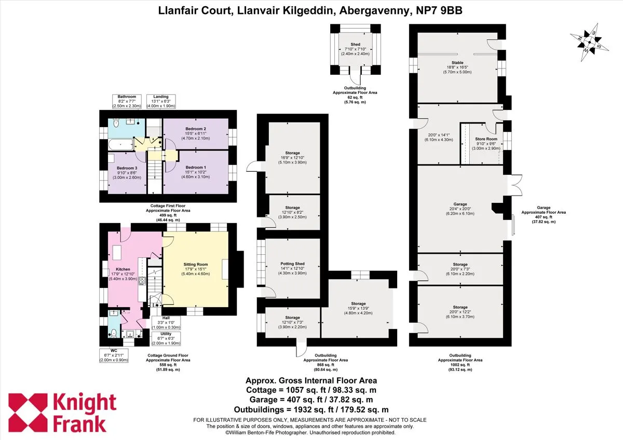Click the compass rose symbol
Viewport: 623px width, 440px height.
tap(589, 42)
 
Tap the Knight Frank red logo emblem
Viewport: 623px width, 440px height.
tap(28, 412)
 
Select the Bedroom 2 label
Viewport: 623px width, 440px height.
tap(196, 129)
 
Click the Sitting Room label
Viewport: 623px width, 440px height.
tap(196, 264)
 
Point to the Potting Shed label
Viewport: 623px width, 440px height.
tap(292, 264)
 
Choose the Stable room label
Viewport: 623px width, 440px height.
tap(457, 63)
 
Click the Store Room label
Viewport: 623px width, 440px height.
tap(486, 139)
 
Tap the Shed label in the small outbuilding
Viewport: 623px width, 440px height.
tap(355, 44)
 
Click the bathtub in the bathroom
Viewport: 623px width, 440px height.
tap(120, 145)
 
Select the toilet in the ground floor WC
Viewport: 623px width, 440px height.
tap(114, 333)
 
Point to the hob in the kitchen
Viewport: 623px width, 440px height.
tap(142, 281)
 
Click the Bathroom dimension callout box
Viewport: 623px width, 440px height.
tap(127, 102)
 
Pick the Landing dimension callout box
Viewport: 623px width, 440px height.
tap(161, 102)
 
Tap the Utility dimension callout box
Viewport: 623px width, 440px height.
tap(166, 338)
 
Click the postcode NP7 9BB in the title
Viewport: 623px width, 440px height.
tap(439, 10)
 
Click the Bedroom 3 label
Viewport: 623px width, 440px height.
tap(127, 168)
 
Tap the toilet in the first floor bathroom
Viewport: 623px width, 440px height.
tap(116, 123)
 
